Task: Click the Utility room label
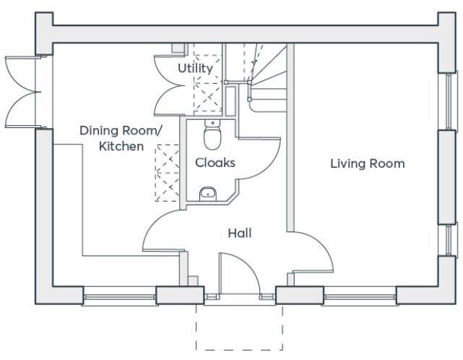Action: coord(195,69)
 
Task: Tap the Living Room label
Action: coord(367,163)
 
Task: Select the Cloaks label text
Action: coord(215,163)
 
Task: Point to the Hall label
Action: coord(240,233)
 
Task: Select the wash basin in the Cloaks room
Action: coord(208,192)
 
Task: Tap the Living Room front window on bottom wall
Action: coord(359,296)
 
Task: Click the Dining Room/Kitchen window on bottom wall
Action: coord(120,296)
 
